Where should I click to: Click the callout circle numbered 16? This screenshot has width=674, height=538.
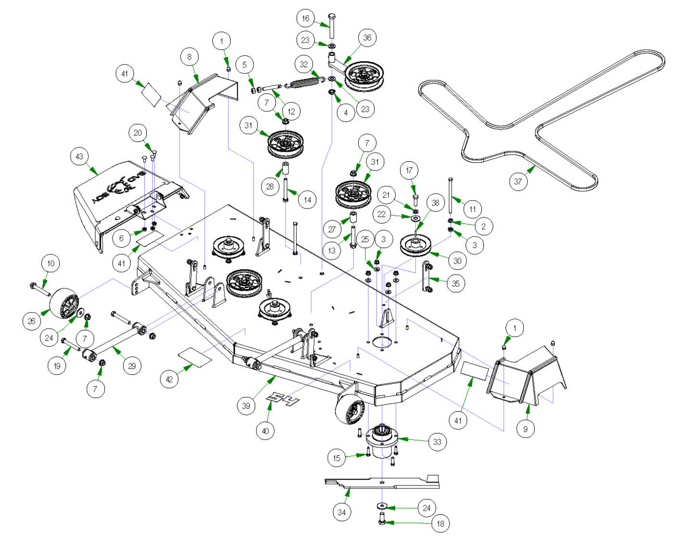(x=305, y=19)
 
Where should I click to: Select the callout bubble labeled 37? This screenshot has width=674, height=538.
(x=518, y=182)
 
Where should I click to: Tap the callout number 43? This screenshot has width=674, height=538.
(x=79, y=157)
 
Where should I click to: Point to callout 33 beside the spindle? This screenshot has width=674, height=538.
(x=437, y=442)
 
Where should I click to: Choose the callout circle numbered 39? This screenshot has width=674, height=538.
(x=246, y=406)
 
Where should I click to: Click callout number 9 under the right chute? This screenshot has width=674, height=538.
(x=525, y=429)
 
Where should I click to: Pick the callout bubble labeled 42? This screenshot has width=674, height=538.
(x=169, y=379)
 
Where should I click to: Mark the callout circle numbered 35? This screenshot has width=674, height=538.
(x=455, y=284)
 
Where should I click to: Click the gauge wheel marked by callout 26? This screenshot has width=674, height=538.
(x=65, y=303)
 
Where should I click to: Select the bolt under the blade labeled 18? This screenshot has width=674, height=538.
(x=382, y=521)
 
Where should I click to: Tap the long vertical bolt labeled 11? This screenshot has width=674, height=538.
(x=451, y=195)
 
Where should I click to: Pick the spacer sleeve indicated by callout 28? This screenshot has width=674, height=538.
(x=285, y=170)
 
